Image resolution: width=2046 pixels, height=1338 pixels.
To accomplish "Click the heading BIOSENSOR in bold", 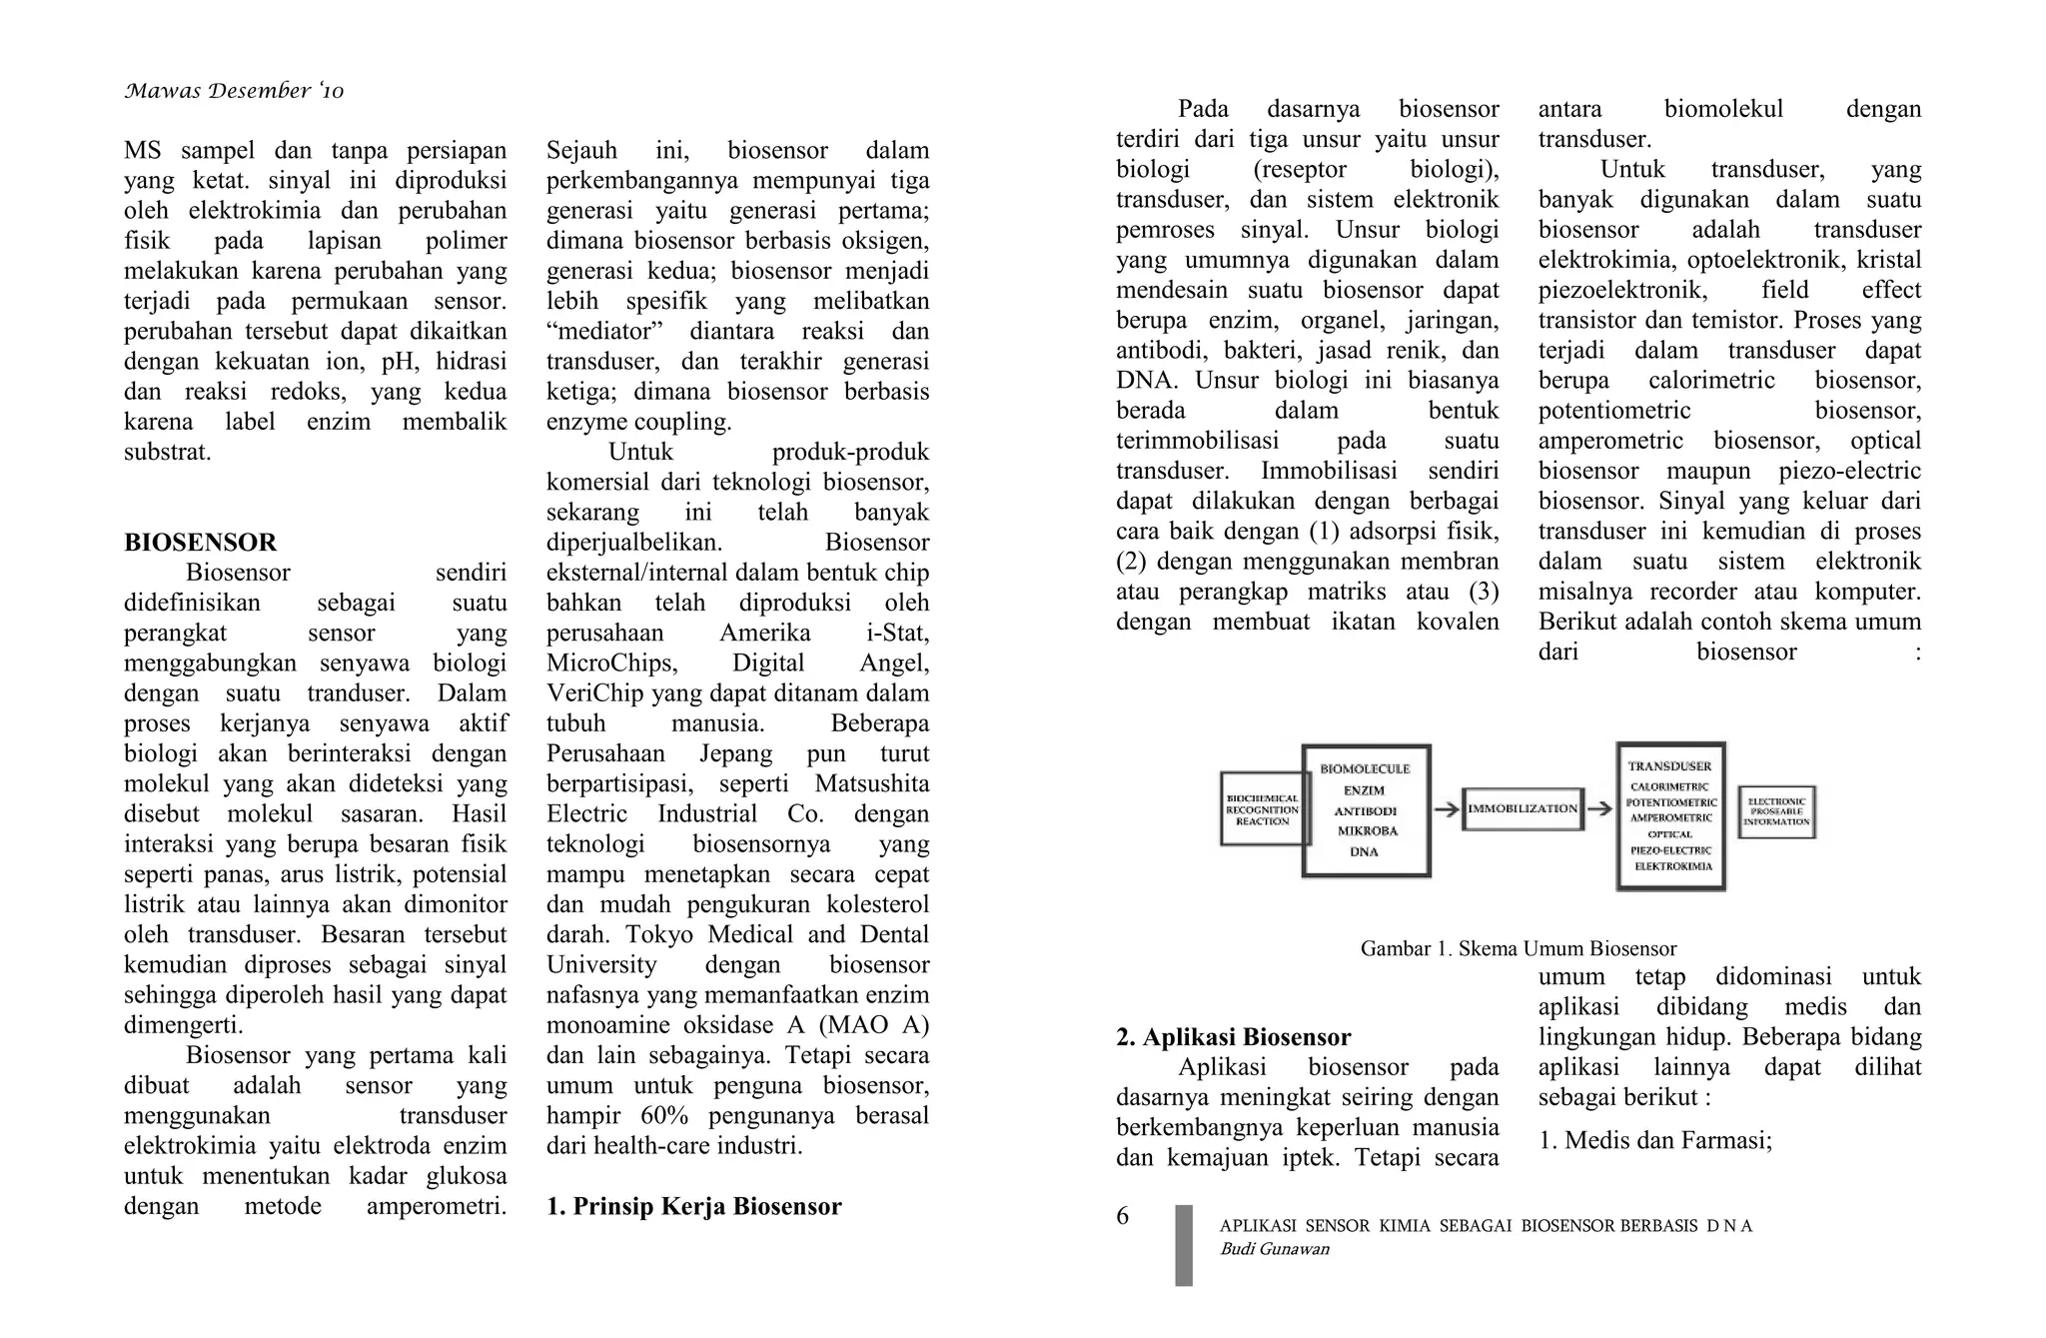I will pos(200,543).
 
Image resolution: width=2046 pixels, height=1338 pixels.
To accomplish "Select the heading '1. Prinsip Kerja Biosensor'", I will pos(693,1206).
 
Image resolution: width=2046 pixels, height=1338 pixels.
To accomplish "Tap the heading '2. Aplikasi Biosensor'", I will pos(1233,1036).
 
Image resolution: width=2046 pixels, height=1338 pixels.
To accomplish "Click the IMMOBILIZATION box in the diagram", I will pos(1522,808).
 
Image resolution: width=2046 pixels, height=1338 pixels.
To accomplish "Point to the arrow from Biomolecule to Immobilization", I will pos(1446,809).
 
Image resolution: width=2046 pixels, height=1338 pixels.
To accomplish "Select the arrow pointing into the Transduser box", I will pos(1599,809).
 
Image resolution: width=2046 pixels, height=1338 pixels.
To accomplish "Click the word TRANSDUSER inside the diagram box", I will pos(1669,766).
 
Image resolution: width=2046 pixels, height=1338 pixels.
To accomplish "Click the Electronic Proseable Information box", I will pos(1776,811).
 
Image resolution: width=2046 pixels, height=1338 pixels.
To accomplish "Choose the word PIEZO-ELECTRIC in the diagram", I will pos(1670,850).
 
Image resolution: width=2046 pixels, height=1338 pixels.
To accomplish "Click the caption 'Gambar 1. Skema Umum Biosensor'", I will pos(1518,948).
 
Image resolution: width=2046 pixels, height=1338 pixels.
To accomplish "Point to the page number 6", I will pos(1122,1216).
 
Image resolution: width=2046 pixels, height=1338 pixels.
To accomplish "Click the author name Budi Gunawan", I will pos(1274,1249).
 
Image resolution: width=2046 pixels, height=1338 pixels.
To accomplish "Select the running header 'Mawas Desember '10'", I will pos(234,92).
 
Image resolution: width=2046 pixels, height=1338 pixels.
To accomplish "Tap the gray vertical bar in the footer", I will pos(1184,1245).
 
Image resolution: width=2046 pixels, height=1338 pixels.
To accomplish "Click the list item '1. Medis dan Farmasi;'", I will pos(1654,1140).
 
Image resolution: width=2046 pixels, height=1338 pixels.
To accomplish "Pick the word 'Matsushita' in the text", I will pos(871,783).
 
